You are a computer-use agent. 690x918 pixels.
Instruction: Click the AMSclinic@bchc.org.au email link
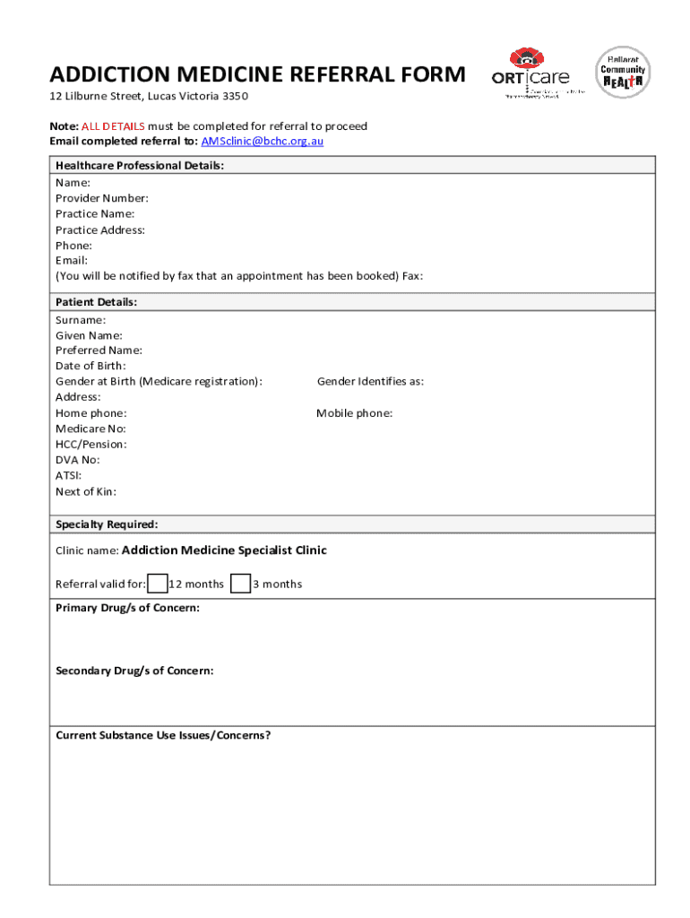pos(262,142)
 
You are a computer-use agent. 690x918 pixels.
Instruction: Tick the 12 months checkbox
pos(157,584)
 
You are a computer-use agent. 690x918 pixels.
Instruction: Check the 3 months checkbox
pos(240,584)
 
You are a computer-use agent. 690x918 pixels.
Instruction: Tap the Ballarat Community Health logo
pos(623,72)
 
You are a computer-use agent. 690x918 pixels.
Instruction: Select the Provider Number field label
pos(101,198)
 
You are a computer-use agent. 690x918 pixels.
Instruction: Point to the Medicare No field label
pos(91,429)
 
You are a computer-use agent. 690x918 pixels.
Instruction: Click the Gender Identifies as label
pos(370,382)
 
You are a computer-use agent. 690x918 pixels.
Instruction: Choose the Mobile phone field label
pos(354,413)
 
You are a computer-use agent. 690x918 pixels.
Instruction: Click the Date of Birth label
pos(91,366)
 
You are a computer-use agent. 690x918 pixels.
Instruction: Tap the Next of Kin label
pos(85,491)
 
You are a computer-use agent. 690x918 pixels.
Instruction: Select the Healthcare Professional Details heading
pos(140,166)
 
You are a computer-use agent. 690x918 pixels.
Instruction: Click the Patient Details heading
pos(96,302)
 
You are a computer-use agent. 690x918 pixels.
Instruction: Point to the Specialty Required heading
pos(107,524)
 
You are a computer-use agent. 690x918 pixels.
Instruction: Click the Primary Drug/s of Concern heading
pos(127,608)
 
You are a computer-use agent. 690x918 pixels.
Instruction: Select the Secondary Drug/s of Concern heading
pos(134,671)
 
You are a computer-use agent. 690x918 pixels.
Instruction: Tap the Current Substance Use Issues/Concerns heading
pos(163,735)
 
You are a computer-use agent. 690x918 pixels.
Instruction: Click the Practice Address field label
pos(99,229)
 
